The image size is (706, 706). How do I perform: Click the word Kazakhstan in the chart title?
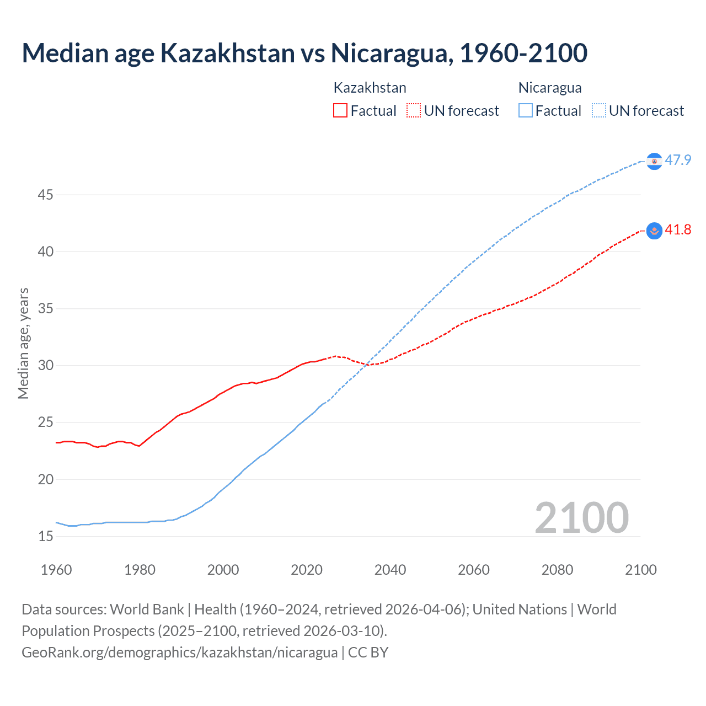click(227, 53)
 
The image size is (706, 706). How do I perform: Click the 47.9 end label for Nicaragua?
click(678, 160)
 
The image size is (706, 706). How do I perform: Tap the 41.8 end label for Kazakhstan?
click(678, 230)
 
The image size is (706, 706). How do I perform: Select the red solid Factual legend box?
click(340, 110)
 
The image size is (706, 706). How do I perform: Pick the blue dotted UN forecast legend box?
click(599, 110)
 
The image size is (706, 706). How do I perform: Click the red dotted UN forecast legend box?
click(414, 110)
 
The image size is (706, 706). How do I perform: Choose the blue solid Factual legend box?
click(526, 110)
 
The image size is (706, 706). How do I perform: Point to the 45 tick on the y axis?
click(46, 195)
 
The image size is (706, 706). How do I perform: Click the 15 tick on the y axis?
click(46, 536)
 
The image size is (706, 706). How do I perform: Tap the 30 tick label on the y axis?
click(46, 365)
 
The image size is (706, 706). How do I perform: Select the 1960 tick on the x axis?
click(56, 569)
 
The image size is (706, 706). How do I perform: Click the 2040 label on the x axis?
click(390, 569)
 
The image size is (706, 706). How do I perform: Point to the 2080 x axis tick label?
click(557, 569)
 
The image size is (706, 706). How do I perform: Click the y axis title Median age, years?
click(23, 343)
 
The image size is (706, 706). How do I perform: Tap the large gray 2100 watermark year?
click(581, 517)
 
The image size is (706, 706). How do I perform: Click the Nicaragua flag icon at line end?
click(654, 161)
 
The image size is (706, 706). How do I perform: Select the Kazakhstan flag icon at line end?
click(654, 231)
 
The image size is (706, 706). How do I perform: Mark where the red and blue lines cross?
click(367, 363)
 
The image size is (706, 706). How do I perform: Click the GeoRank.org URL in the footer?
click(179, 652)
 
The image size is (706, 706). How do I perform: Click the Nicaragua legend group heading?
click(550, 88)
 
